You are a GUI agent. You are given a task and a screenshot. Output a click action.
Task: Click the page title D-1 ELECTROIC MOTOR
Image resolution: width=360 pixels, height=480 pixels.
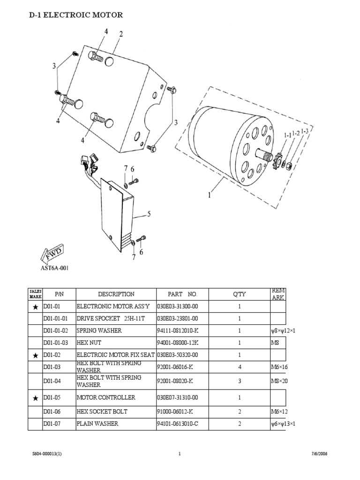(x=76, y=15)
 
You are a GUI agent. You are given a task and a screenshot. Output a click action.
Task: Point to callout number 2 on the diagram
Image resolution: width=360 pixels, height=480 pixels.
(x=121, y=34)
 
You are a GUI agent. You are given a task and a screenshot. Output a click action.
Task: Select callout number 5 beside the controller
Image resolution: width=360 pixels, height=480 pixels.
(x=149, y=214)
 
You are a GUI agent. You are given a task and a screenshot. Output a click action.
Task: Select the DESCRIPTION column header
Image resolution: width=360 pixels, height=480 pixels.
(x=116, y=294)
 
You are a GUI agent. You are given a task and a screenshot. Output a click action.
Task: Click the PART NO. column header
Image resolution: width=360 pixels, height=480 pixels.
(x=182, y=294)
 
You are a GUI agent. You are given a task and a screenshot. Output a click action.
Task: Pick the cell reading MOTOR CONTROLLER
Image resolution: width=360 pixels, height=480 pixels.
(x=106, y=397)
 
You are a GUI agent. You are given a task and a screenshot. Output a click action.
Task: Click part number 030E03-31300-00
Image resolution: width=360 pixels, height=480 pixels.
(x=177, y=307)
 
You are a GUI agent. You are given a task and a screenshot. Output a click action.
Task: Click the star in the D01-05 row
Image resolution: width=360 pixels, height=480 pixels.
(x=35, y=398)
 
